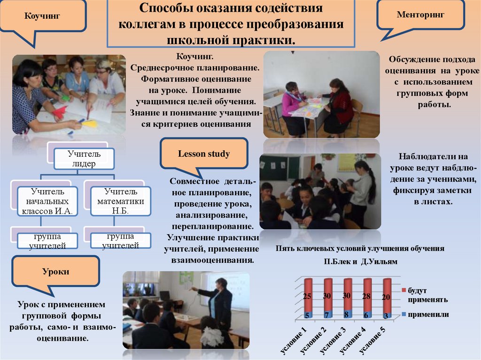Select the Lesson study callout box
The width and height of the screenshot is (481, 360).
(203, 153)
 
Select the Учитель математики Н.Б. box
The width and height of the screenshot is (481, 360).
(120, 201)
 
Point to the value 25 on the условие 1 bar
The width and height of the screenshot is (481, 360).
(307, 296)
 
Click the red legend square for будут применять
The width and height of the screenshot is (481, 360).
(403, 291)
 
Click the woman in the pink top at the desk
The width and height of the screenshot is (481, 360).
(292, 107)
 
